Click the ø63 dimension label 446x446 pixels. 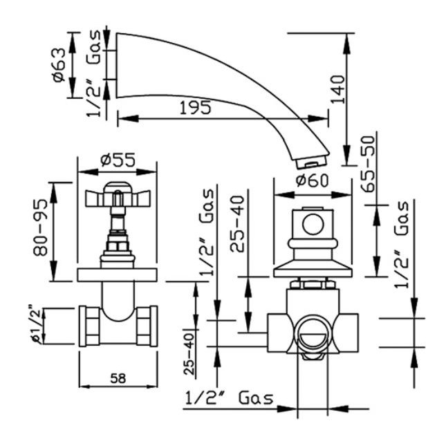(x=59, y=65)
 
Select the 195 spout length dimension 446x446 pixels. (x=196, y=108)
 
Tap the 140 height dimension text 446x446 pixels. (x=338, y=89)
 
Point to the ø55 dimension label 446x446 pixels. (x=118, y=160)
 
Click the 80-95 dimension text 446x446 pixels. (x=40, y=227)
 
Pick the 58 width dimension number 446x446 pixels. (x=118, y=378)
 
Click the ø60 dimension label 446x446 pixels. (x=312, y=180)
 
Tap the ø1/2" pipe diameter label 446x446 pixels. (x=35, y=324)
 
